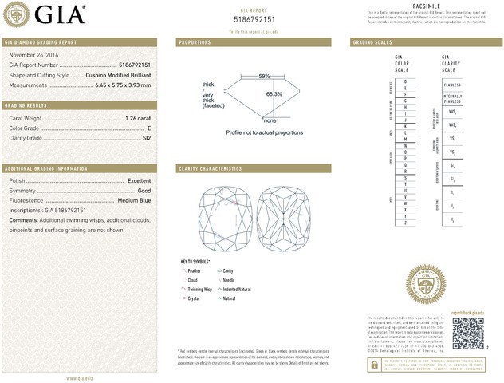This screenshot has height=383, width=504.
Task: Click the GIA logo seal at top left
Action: [x=17, y=15]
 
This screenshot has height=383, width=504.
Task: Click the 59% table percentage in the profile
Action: [x=264, y=76]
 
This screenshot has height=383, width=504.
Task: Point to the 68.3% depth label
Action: [x=274, y=94]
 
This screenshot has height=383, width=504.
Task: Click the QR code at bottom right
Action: [x=468, y=331]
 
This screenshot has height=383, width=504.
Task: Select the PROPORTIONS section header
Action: [x=195, y=41]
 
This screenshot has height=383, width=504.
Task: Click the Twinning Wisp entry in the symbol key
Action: [x=200, y=289]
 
